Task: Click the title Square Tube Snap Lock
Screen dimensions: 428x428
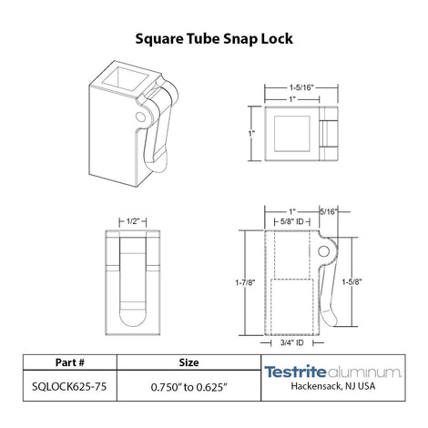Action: tap(213, 39)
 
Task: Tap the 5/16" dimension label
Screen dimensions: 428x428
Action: tap(329, 211)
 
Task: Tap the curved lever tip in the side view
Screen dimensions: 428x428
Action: tap(334, 318)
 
